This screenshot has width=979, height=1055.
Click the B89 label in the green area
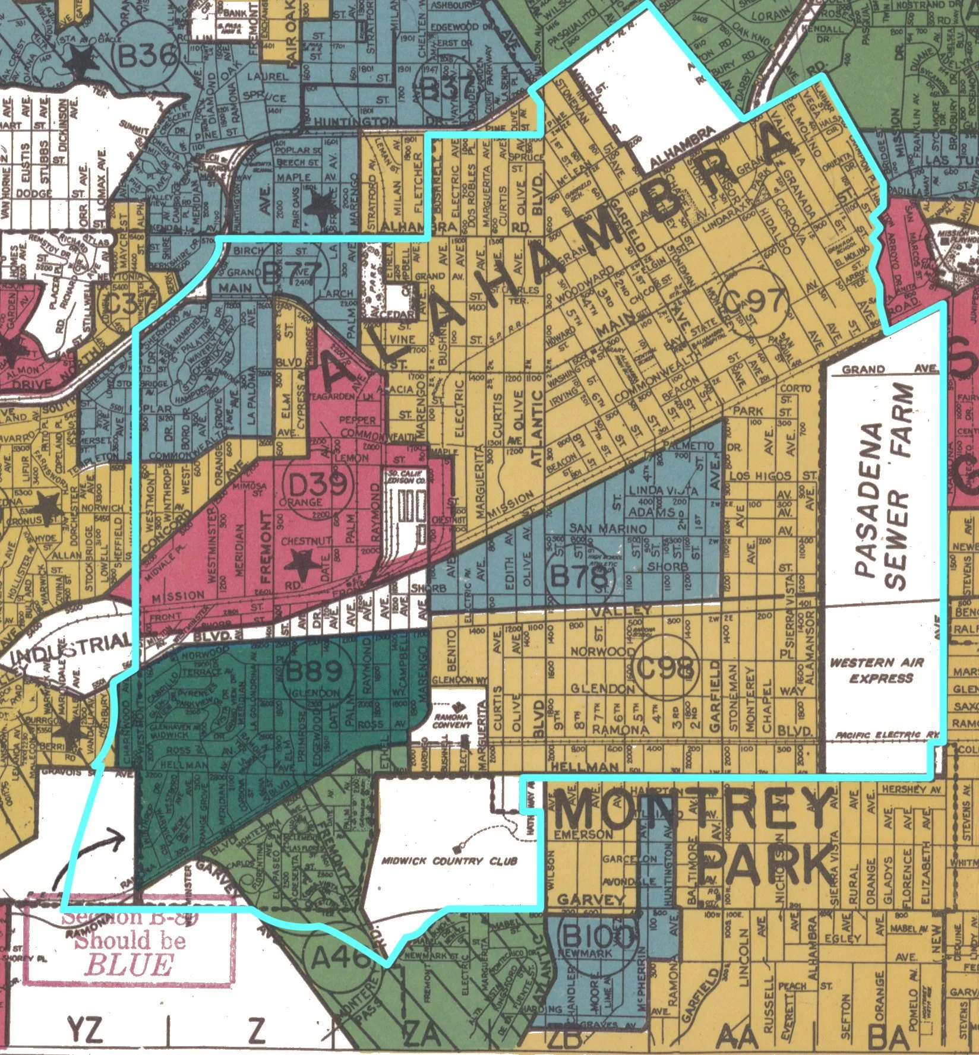[314, 671]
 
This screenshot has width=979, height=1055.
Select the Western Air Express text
[881, 670]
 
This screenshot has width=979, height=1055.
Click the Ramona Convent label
[452, 720]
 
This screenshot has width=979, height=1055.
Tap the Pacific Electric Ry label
[887, 736]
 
